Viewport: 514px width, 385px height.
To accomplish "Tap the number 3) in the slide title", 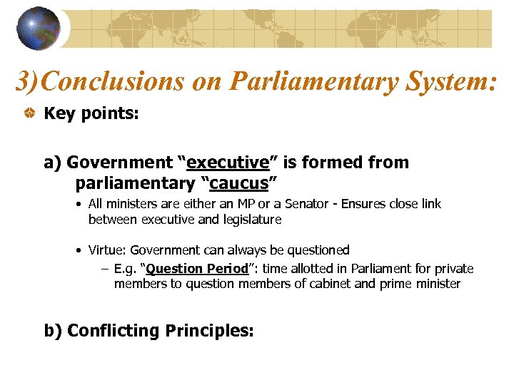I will coord(28,82).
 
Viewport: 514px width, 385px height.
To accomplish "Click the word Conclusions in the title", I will coord(114,82).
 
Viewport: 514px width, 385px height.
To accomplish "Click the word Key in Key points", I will coord(59,114).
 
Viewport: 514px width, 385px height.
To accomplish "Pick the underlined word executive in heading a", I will coord(228,163).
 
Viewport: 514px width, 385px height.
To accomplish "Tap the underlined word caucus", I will coord(238,183).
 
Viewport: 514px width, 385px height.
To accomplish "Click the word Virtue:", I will coord(108,250).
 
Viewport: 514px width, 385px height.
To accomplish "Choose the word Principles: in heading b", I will coord(209,331).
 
